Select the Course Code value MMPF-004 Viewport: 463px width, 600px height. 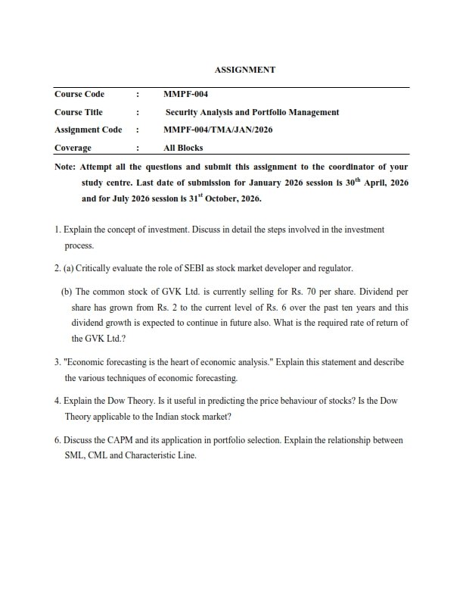point(185,95)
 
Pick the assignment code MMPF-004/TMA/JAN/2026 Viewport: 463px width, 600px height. point(218,130)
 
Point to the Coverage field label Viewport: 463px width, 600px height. point(73,148)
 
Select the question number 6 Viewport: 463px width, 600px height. point(57,440)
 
